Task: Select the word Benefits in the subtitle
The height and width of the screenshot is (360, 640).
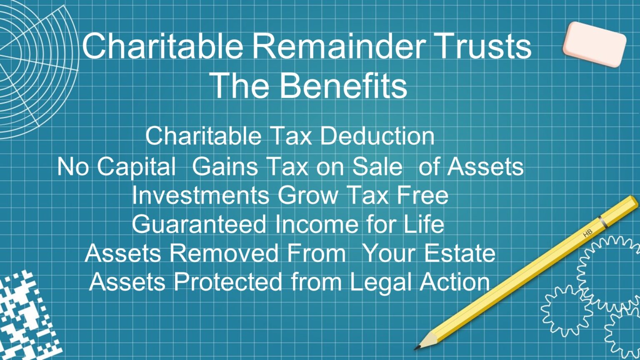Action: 343,85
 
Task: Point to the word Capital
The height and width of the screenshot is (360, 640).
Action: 137,167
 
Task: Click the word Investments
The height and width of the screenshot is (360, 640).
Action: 200,195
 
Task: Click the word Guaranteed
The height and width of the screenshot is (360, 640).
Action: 199,224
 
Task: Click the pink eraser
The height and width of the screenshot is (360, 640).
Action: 594,44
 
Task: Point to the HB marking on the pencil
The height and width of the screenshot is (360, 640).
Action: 587,234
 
